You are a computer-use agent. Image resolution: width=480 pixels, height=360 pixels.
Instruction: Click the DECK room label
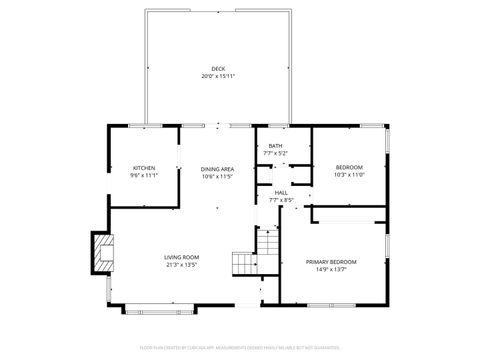(x=218, y=68)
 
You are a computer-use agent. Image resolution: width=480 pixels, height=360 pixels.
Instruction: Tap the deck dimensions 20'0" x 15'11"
(x=218, y=76)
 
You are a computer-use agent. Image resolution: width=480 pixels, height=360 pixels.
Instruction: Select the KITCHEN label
(x=144, y=167)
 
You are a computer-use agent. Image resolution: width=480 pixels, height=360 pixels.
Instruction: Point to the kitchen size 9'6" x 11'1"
(x=144, y=175)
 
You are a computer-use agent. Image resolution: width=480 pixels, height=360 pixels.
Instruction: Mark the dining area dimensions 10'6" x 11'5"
(x=218, y=176)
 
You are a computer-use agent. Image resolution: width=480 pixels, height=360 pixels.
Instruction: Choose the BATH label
(x=275, y=146)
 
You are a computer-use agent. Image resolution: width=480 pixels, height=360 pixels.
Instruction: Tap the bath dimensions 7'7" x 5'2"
(x=275, y=154)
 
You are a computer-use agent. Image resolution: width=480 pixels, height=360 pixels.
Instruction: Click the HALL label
(x=281, y=192)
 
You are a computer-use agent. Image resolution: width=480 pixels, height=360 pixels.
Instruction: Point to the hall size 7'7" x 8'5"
(x=281, y=200)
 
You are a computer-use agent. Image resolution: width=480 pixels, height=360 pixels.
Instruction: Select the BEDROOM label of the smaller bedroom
(x=349, y=167)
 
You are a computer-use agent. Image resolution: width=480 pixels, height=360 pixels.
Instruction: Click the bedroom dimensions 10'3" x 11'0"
(x=349, y=175)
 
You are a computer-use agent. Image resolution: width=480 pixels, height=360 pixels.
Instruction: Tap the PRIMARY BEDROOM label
(x=331, y=261)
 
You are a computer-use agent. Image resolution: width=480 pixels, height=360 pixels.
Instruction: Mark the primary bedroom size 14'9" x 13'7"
(x=331, y=269)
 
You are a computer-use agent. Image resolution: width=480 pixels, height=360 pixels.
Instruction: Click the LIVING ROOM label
(x=182, y=258)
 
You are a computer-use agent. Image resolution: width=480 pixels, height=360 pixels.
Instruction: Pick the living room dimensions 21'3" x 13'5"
(x=182, y=266)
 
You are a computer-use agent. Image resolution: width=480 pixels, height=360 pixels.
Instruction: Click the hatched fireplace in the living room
(x=102, y=252)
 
